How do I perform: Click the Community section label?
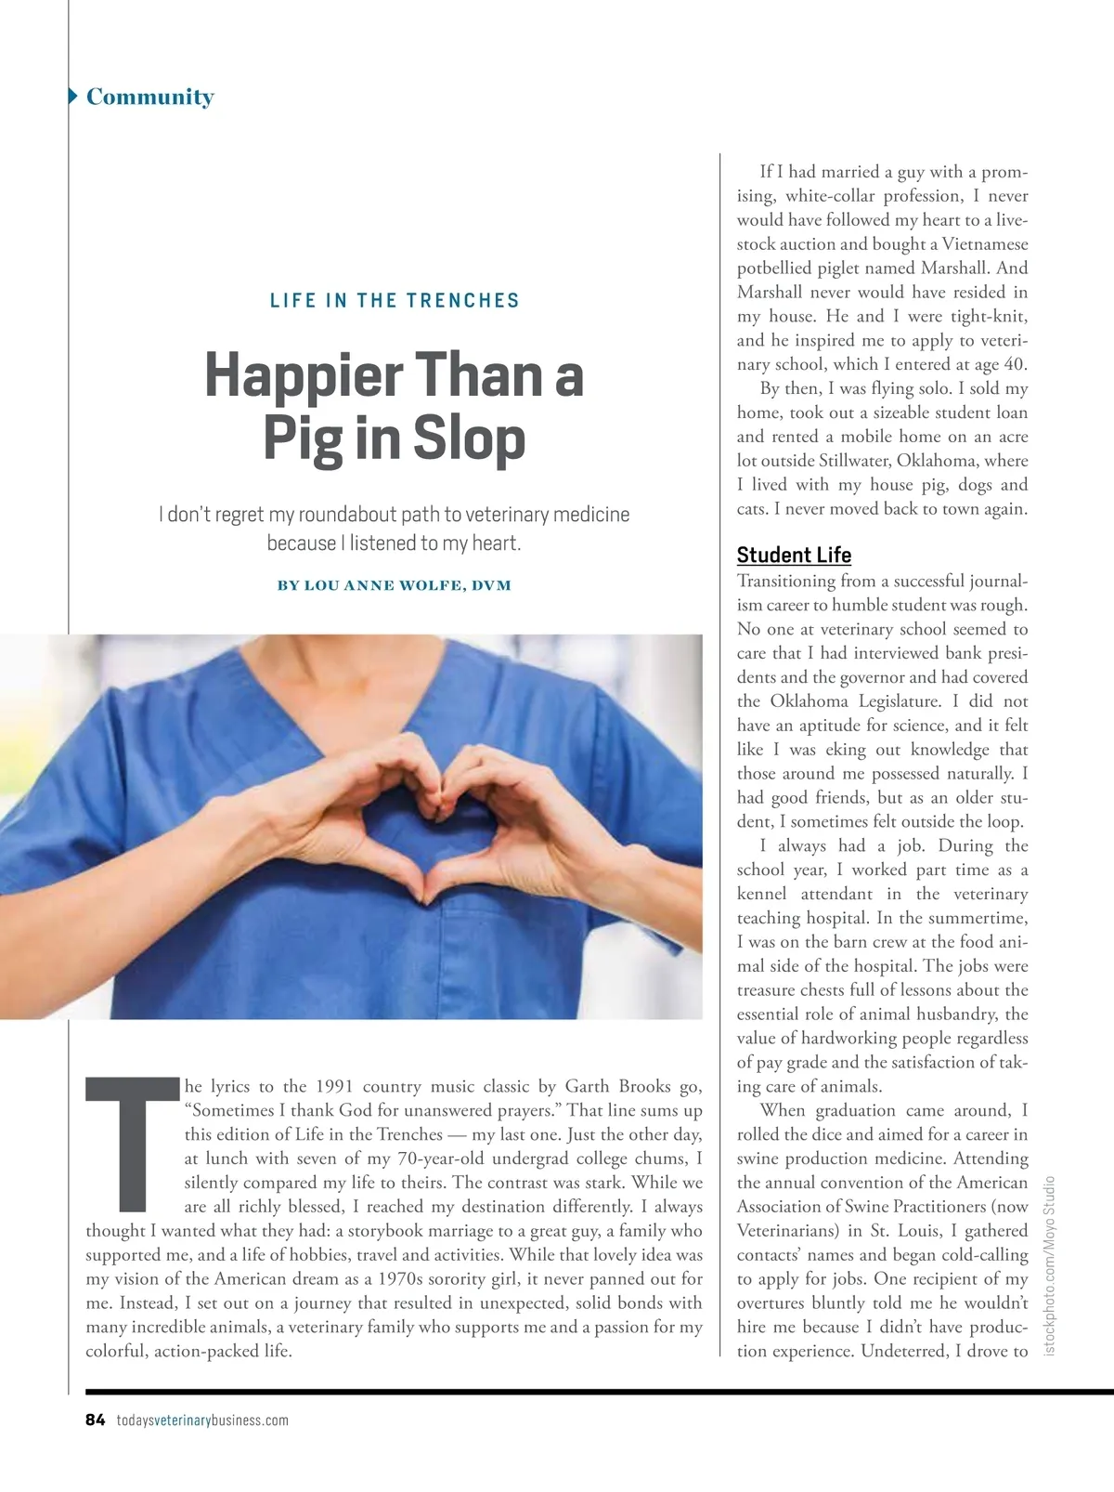click(x=149, y=97)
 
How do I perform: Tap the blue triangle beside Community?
click(x=72, y=96)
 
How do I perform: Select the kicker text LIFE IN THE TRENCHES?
click(x=395, y=300)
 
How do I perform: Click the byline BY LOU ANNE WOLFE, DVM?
click(x=394, y=585)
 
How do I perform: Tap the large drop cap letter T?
click(x=133, y=1145)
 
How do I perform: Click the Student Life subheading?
click(x=794, y=555)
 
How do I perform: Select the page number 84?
click(x=96, y=1420)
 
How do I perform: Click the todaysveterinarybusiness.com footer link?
click(x=202, y=1420)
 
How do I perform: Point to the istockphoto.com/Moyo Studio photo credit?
click(x=1050, y=1265)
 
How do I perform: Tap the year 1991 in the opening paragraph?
click(x=334, y=1086)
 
